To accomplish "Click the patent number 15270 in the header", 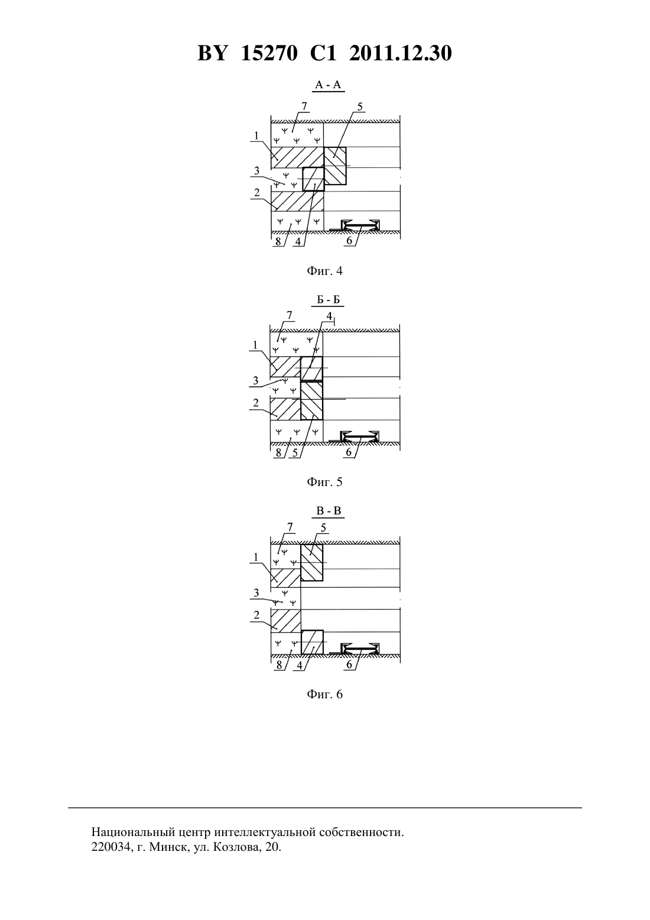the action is pos(268,53).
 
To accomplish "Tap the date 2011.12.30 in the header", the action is pos(401,53).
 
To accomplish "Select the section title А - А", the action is pos(327,85).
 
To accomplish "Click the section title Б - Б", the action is pos(329,300).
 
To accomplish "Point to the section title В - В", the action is pos(329,511).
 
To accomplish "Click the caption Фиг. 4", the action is pos(324,271).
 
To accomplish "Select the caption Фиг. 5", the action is pos(324,482).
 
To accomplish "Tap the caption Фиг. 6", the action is pos(324,694).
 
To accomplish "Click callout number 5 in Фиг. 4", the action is pos(360,107).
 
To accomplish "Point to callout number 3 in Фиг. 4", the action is pos(256,170).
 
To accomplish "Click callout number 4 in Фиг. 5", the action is pos(329,316).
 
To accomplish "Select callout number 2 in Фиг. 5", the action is pos(256,403).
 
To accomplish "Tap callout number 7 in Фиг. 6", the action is pos(290,527).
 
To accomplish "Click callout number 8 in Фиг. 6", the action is pos(279,665).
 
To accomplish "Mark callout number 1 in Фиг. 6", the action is pos(256,558).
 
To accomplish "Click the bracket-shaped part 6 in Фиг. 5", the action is pos(360,436).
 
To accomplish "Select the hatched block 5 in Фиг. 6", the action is pos(312,562).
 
